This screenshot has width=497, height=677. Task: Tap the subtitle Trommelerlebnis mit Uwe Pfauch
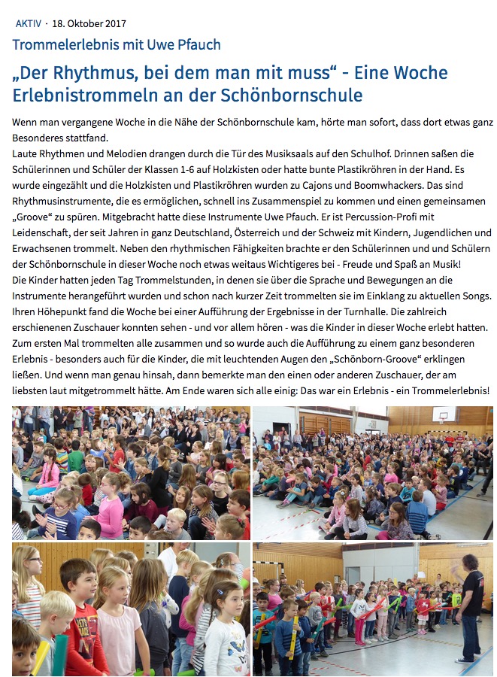[x=117, y=44]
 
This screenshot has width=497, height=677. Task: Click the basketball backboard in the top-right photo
[x=444, y=414]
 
